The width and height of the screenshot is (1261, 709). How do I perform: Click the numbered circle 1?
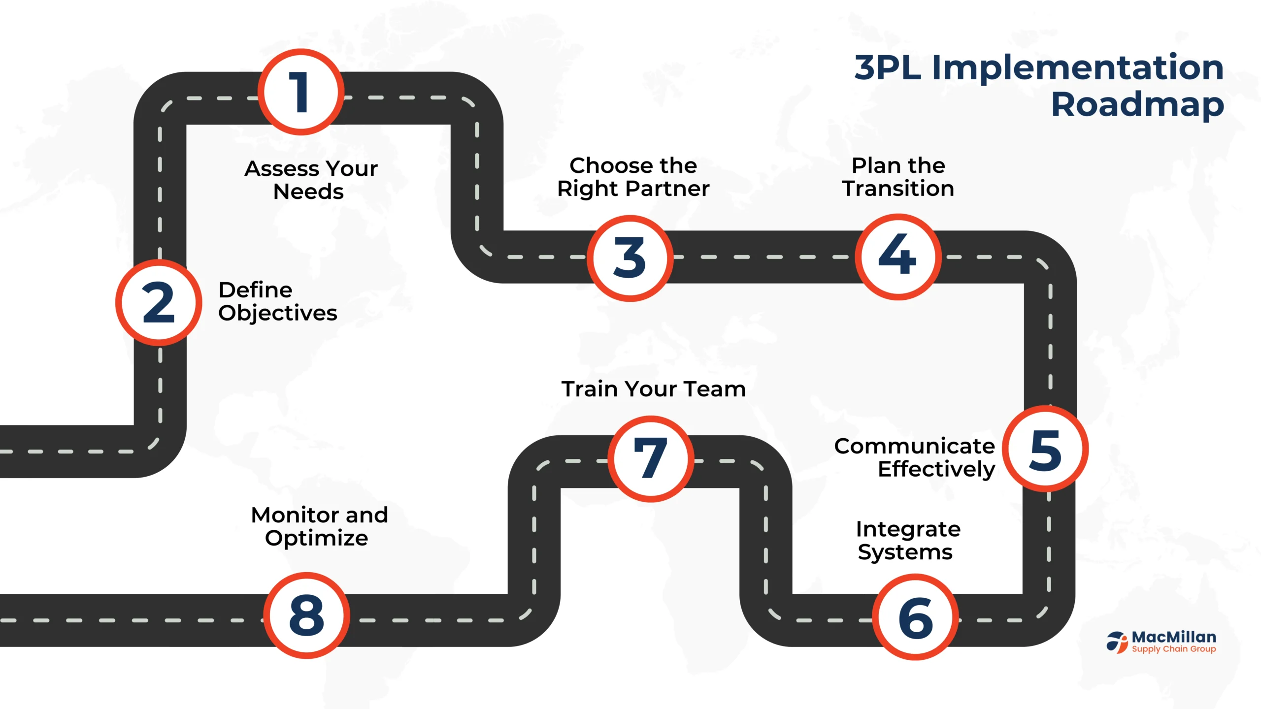click(x=300, y=92)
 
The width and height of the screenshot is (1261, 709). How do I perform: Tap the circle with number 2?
click(x=159, y=302)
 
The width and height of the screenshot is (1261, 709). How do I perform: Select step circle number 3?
click(x=630, y=258)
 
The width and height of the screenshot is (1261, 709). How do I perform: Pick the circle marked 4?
click(x=898, y=257)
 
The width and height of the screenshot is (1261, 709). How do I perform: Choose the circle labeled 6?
click(x=916, y=617)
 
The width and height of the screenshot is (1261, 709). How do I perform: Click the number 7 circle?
click(x=651, y=459)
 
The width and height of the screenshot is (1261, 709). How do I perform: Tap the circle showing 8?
click(x=306, y=615)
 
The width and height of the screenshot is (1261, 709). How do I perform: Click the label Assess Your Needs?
click(x=311, y=180)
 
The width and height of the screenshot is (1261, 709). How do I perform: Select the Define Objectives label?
click(x=278, y=301)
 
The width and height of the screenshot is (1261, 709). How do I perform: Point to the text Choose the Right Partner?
click(x=633, y=177)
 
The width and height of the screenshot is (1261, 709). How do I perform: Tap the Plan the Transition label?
click(x=898, y=177)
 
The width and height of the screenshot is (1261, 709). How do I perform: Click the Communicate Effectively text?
click(x=915, y=458)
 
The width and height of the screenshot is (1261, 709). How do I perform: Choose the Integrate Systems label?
click(x=908, y=541)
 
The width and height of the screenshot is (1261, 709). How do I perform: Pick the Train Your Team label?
click(x=654, y=388)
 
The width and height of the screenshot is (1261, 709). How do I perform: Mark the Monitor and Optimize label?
click(x=319, y=526)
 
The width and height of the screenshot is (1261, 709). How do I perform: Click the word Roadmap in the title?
click(x=1138, y=105)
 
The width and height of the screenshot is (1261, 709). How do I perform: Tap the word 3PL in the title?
click(x=888, y=67)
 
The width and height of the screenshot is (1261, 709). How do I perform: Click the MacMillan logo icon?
click(x=1117, y=642)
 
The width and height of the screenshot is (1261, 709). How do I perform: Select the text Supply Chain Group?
click(x=1174, y=649)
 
